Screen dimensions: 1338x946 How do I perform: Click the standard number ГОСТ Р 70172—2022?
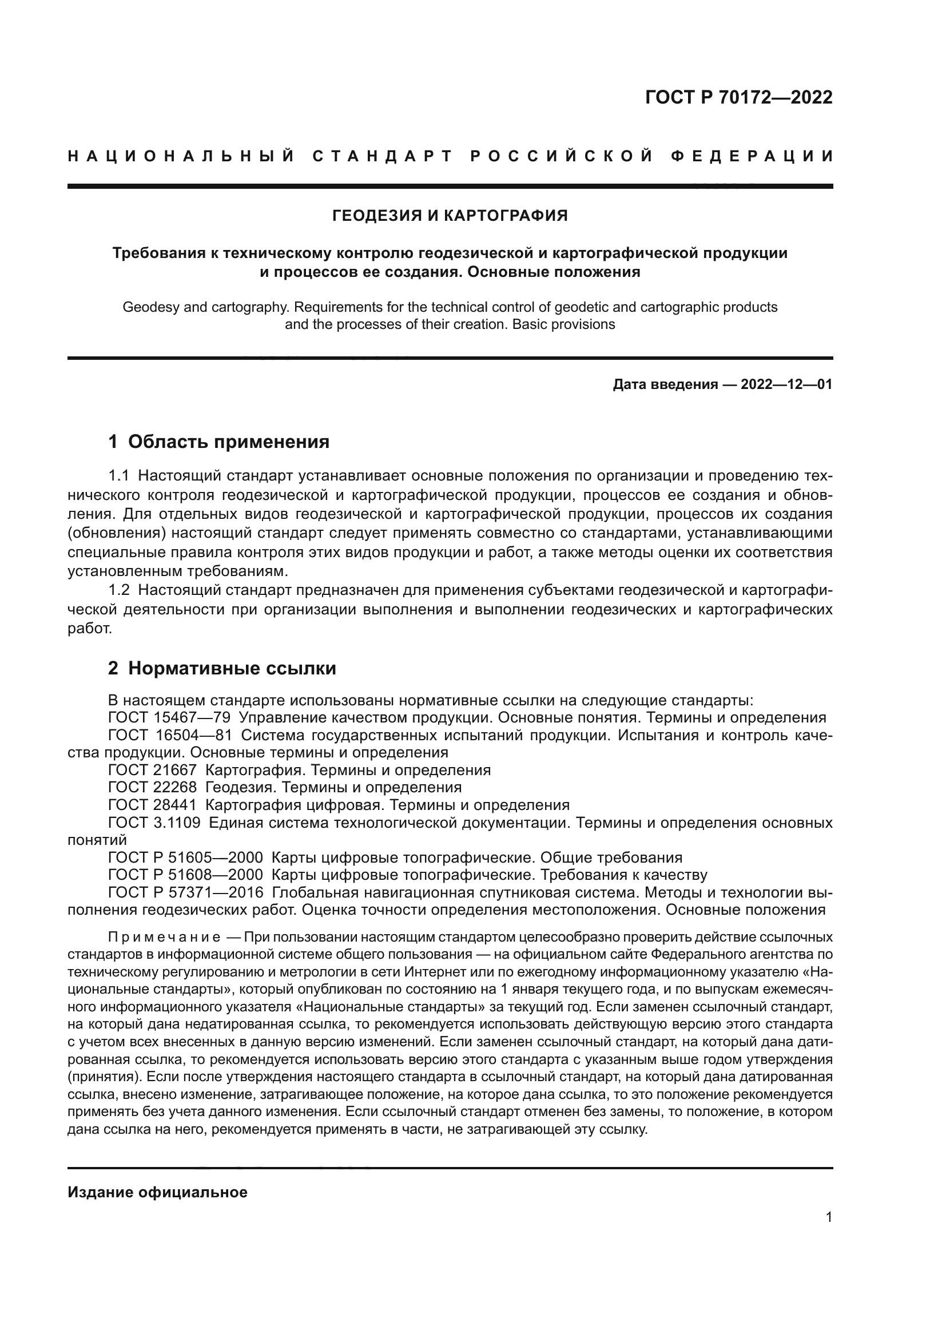click(x=738, y=97)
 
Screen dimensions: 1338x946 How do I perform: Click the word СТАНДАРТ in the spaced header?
click(x=382, y=156)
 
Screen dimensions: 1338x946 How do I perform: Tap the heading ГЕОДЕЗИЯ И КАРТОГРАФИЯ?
click(x=450, y=216)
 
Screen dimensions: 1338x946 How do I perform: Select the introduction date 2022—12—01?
click(x=786, y=384)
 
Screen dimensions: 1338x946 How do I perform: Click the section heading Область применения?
click(x=228, y=442)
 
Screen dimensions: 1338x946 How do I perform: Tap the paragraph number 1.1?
click(x=119, y=475)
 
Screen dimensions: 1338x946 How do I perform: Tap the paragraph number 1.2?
click(x=119, y=590)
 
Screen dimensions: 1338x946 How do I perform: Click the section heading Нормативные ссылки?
click(x=232, y=668)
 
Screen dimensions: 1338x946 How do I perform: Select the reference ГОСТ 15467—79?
click(x=169, y=717)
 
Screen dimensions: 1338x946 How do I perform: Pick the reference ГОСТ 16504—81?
click(x=169, y=735)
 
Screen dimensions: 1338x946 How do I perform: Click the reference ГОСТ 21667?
click(x=152, y=770)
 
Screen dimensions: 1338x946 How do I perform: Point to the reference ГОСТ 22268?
click(x=152, y=787)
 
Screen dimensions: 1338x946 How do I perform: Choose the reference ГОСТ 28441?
click(x=152, y=805)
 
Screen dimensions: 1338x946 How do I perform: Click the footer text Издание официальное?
click(x=157, y=1192)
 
